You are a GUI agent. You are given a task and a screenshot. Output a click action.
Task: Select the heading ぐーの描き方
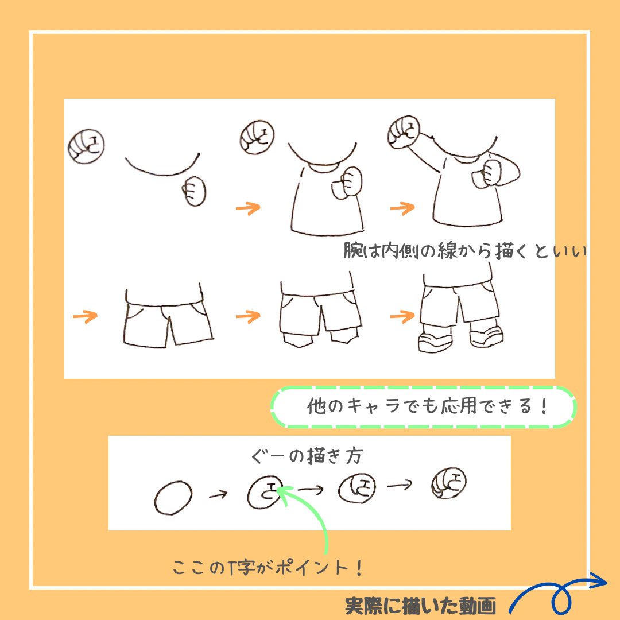coord(307,457)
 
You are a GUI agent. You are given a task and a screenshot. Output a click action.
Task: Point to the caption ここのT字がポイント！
coord(268,568)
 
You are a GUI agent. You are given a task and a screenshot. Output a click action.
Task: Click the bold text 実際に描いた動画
coord(420,605)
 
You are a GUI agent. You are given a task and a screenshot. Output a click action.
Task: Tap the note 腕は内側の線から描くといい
coord(464,251)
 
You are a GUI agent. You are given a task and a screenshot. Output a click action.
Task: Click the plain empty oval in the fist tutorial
coord(173,497)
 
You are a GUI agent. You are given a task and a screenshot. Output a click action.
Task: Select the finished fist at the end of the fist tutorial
coord(448,483)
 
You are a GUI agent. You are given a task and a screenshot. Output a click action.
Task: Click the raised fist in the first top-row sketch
coord(86,146)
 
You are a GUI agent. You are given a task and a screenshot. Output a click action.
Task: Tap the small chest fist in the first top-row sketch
coord(195,191)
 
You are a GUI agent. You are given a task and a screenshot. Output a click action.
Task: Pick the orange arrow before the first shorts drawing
coord(85,316)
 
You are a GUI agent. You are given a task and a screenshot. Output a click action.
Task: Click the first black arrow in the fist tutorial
coord(218,494)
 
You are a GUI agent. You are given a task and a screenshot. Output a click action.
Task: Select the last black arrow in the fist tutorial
coord(400,486)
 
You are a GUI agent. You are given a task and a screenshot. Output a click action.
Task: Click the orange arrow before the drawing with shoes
coord(402,315)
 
